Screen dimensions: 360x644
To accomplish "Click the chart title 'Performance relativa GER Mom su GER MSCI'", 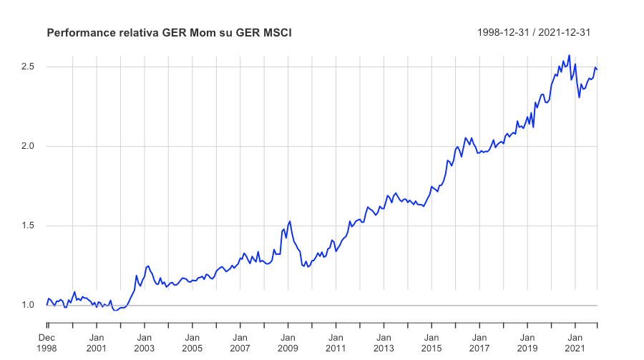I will coord(169,33).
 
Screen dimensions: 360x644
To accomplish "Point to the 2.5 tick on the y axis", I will coord(29,67).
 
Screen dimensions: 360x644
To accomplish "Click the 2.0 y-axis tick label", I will coord(29,146).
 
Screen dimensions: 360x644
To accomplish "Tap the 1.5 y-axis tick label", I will coord(29,225).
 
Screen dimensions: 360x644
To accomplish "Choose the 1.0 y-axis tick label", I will coord(29,305).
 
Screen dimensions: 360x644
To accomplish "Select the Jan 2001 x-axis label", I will coord(97,343).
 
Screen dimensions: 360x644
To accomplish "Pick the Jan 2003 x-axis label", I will coord(144,343).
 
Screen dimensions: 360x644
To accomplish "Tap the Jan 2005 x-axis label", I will coord(192,343).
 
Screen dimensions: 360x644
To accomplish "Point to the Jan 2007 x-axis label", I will coord(240,343).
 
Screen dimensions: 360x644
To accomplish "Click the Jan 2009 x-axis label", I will coord(288,343).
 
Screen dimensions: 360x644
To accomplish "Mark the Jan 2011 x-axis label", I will coord(336,343).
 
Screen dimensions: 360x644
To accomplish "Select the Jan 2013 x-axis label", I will coord(384,343).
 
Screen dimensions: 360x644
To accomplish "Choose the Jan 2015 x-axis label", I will coord(431,343).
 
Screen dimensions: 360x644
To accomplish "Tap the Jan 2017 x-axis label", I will coord(479,343).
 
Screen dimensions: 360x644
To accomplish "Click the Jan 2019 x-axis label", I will coord(527,343).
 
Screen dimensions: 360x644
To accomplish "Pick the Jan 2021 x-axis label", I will coord(575,343).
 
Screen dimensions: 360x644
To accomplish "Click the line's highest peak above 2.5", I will coord(569,55).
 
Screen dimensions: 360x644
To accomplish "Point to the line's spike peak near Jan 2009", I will coord(290,221).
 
